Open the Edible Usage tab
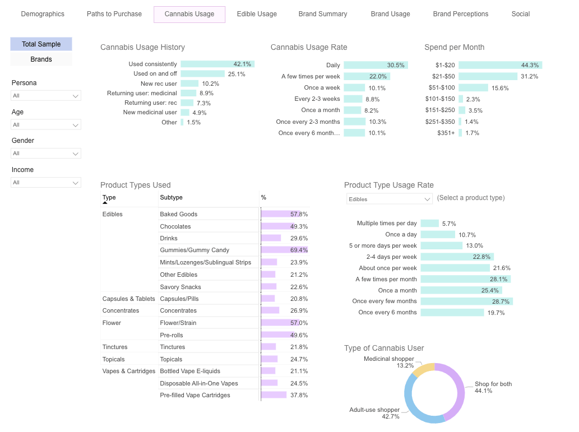coord(257,14)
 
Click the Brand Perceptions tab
coord(460,14)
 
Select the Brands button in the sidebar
coord(41,59)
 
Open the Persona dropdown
coord(46,96)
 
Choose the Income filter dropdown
coord(46,183)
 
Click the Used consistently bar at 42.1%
coord(217,64)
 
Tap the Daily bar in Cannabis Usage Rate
coord(376,66)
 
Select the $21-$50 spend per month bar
coord(488,77)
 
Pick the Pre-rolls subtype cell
coord(172,335)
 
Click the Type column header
coord(109,198)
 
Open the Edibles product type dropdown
coord(389,199)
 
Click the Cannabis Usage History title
coord(142,48)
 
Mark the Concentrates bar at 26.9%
coord(270,310)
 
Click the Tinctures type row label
coord(115,347)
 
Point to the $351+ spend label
coord(446,133)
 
